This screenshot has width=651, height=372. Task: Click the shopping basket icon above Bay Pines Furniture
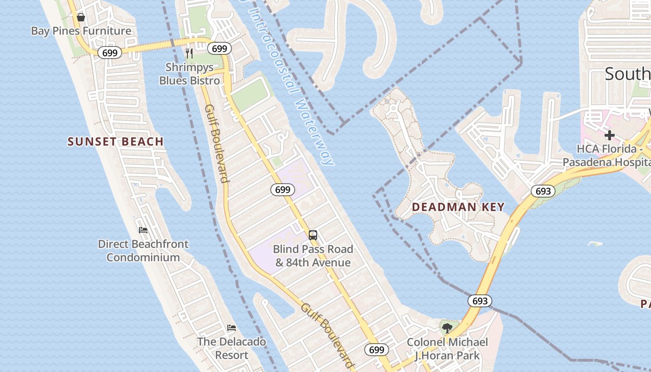81,17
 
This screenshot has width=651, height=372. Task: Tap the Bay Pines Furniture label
81,31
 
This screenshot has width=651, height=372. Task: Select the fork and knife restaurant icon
189,53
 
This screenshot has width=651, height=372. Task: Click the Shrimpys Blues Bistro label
190,74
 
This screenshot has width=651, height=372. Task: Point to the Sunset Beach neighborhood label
116,142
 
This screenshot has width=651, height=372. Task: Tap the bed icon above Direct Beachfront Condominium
143,230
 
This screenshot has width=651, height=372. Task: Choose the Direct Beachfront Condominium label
143,251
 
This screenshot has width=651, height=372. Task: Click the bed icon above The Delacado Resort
232,328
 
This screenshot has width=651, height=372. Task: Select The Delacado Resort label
232,348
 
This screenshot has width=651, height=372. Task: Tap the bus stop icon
313,235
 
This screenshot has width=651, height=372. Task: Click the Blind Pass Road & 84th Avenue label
313,256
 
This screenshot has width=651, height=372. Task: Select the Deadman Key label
458,207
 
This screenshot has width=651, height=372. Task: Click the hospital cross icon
609,135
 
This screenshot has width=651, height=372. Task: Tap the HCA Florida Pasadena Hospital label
606,156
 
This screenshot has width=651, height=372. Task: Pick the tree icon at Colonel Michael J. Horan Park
447,328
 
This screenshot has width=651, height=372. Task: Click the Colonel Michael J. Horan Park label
447,349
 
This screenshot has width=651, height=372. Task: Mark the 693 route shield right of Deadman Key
543,191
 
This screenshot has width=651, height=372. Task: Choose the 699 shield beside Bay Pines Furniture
110,53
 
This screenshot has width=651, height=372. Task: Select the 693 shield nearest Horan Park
480,301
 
